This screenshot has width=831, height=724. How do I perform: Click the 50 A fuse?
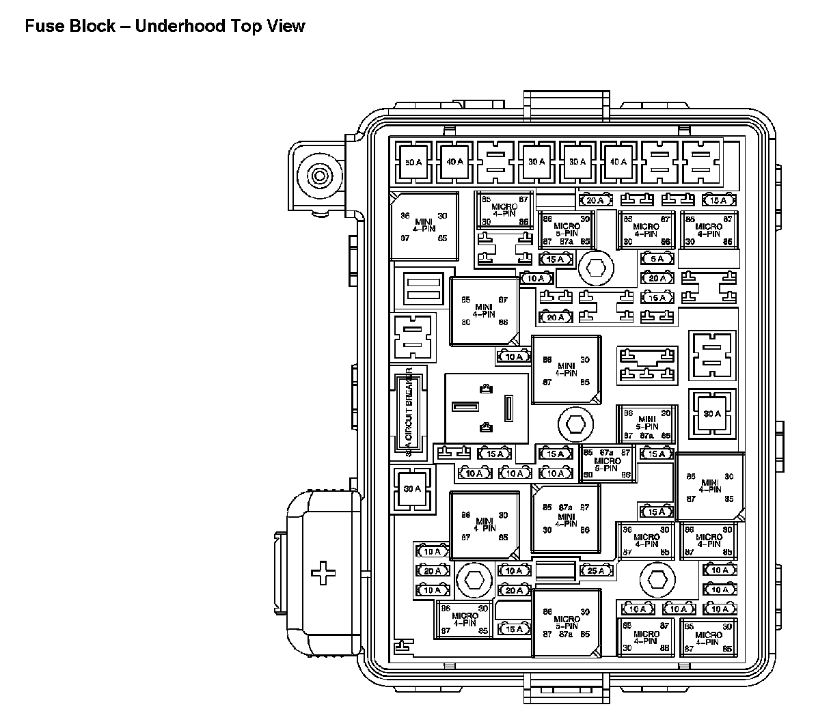pos(413,163)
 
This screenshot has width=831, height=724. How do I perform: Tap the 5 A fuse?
pos(657,259)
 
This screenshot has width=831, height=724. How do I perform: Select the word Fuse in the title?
pos(42,27)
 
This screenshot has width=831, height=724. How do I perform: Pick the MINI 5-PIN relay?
pos(646,423)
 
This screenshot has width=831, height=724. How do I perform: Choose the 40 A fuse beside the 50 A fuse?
pos(454,163)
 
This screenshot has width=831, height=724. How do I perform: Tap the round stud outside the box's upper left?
pos(318,176)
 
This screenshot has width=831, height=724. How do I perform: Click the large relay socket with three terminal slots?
pos(487,408)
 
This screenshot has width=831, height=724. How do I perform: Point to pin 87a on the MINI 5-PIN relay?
pos(646,436)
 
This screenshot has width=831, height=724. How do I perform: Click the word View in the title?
pos(286,27)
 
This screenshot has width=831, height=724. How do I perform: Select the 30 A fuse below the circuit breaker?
pos(413,489)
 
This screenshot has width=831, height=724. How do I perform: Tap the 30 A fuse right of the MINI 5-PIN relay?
pos(712,414)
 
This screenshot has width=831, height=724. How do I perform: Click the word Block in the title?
pos(92,27)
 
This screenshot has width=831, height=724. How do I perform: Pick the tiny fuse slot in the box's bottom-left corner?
pos(402,645)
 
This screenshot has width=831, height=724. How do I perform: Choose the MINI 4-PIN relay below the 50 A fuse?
pos(424,227)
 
